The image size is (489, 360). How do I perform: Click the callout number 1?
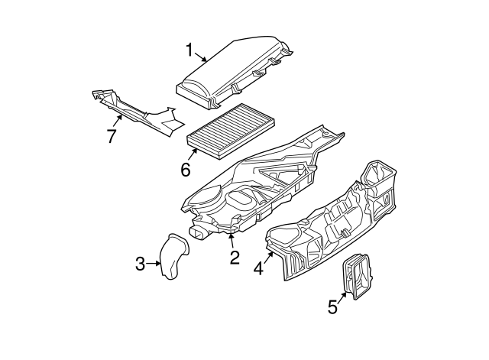189,50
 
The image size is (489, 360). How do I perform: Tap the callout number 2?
235,258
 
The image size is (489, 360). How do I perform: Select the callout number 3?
141,264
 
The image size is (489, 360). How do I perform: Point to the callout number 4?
258,268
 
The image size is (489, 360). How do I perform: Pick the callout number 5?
333,306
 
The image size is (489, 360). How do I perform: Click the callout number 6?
186,170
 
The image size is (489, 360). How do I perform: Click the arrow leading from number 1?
201,57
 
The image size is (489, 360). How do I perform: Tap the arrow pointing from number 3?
154,264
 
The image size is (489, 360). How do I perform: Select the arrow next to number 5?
342,297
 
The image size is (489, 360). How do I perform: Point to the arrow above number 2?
231,241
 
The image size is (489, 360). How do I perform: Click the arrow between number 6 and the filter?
193,154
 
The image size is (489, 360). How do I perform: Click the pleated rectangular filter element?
231,131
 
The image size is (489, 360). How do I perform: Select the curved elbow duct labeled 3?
175,256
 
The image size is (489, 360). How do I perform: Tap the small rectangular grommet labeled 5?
358,277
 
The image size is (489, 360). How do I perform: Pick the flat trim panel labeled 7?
138,112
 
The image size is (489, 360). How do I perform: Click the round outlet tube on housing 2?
198,232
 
